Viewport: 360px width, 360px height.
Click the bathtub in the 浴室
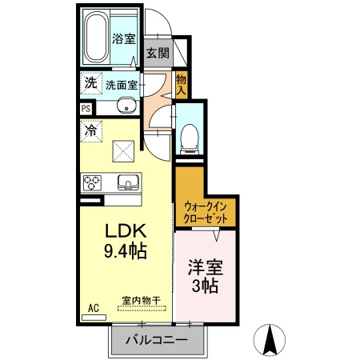click(x=96, y=37)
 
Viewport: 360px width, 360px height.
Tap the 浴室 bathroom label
click(x=123, y=39)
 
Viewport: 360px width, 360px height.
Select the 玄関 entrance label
click(x=158, y=53)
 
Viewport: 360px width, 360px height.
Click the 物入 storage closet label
click(x=181, y=85)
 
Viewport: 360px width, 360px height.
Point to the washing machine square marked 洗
click(x=91, y=83)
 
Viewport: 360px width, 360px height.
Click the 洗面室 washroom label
click(x=122, y=85)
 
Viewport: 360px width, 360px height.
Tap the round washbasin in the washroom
click(x=126, y=106)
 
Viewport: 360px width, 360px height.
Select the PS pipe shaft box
click(x=86, y=109)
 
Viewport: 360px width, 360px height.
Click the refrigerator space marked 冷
click(x=91, y=131)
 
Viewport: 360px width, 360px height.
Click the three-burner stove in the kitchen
click(x=92, y=182)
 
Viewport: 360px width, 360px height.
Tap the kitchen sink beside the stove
click(x=128, y=182)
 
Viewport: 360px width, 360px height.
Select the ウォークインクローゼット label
click(x=206, y=213)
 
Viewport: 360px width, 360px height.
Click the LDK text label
click(x=126, y=231)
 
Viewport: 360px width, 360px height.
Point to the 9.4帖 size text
click(x=126, y=251)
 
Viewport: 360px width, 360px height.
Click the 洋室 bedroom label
click(x=206, y=267)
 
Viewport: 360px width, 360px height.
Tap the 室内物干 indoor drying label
click(x=142, y=301)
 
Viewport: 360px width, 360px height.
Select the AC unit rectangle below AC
click(x=94, y=318)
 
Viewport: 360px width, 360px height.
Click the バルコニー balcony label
click(x=157, y=340)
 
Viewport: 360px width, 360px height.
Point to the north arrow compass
click(x=270, y=340)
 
